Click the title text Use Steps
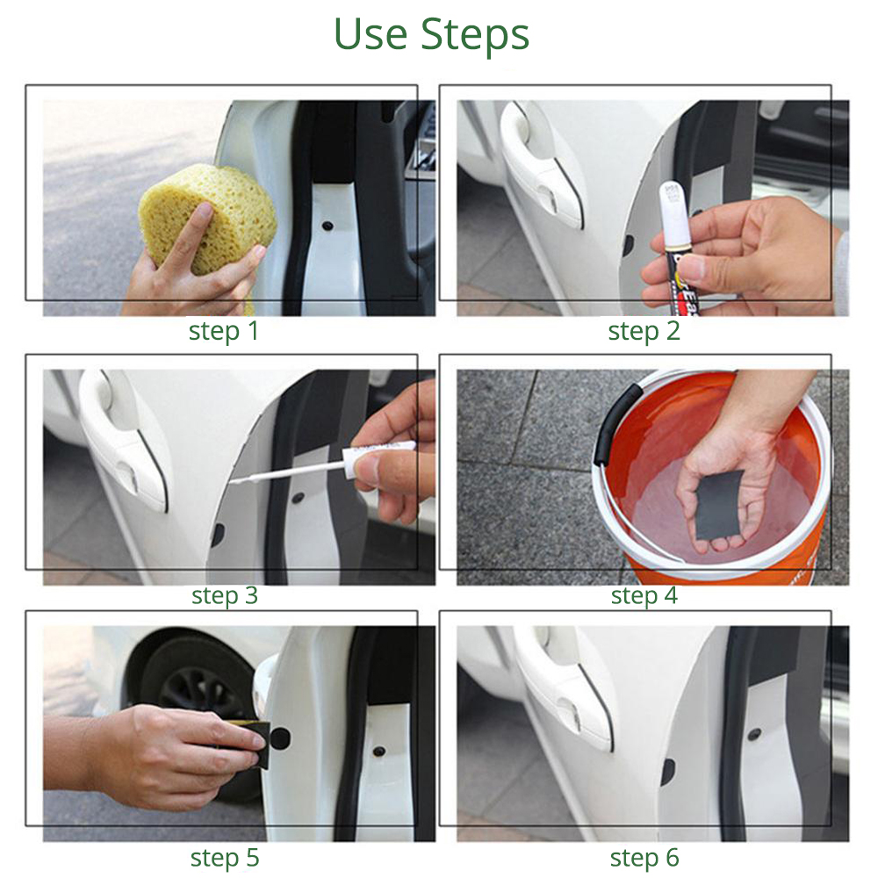click(431, 34)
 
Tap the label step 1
click(224, 331)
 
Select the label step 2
click(644, 331)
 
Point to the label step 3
click(224, 595)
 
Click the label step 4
click(644, 595)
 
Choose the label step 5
click(224, 857)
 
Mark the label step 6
click(644, 857)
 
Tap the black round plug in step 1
click(326, 224)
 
